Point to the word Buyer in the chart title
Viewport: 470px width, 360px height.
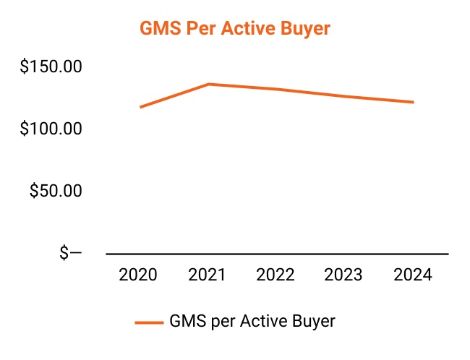tap(306, 29)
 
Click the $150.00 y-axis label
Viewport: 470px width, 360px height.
tap(51, 67)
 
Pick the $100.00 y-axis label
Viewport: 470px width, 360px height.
tap(51, 129)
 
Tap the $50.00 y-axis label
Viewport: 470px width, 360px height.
tap(56, 192)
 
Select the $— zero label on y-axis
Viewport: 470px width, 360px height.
tap(70, 254)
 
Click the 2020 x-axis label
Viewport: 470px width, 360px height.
tap(138, 275)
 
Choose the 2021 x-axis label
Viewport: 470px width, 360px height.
tap(208, 275)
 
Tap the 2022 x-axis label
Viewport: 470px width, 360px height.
tap(276, 275)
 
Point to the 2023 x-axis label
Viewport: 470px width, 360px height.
tap(344, 275)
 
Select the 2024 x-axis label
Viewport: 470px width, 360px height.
tap(413, 275)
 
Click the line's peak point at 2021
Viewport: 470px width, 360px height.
tap(208, 85)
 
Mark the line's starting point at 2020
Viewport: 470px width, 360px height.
tap(140, 107)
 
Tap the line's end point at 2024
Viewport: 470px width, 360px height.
tap(413, 102)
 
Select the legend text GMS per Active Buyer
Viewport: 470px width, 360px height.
tap(252, 321)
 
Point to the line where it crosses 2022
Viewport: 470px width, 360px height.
tap(276, 90)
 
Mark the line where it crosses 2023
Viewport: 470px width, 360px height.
tap(345, 97)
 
